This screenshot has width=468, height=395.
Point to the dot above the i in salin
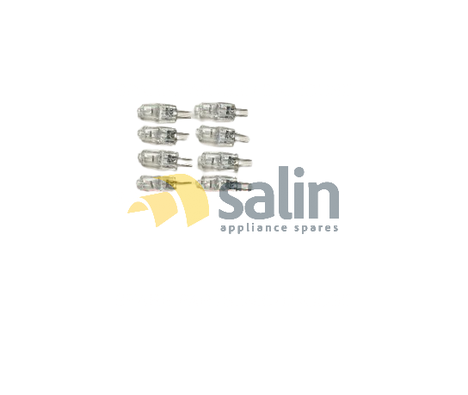[x=299, y=173]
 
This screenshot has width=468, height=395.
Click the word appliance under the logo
[x=254, y=227]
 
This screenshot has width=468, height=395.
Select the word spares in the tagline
[x=317, y=228]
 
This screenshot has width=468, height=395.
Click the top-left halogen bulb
[x=163, y=112]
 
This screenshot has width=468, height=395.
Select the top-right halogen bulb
[x=221, y=112]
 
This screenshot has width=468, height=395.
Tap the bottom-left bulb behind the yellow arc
[x=155, y=182]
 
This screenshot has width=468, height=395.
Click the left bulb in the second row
[x=163, y=134]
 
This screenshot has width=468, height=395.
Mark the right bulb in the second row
[x=222, y=134]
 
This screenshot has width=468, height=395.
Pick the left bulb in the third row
[x=165, y=159]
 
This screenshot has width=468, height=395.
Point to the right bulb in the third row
[x=225, y=160]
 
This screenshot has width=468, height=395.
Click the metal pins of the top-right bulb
[x=242, y=112]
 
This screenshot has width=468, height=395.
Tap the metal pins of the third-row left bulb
[x=185, y=161]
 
